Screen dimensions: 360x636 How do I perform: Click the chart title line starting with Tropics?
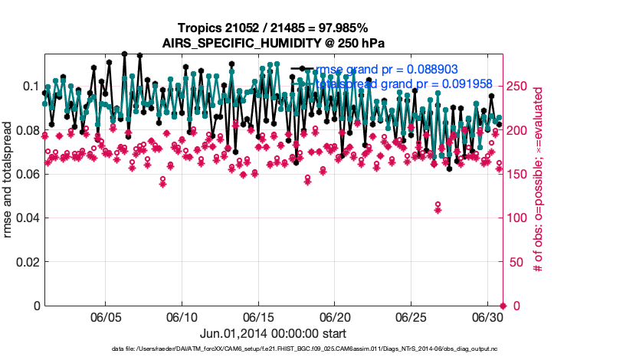pyautogui.click(x=273, y=28)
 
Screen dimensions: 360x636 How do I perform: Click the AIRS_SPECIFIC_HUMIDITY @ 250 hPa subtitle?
pyautogui.click(x=273, y=43)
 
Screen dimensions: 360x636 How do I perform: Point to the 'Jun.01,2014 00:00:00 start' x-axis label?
pyautogui.click(x=273, y=333)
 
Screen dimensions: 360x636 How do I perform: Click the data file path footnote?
pyautogui.click(x=273, y=349)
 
